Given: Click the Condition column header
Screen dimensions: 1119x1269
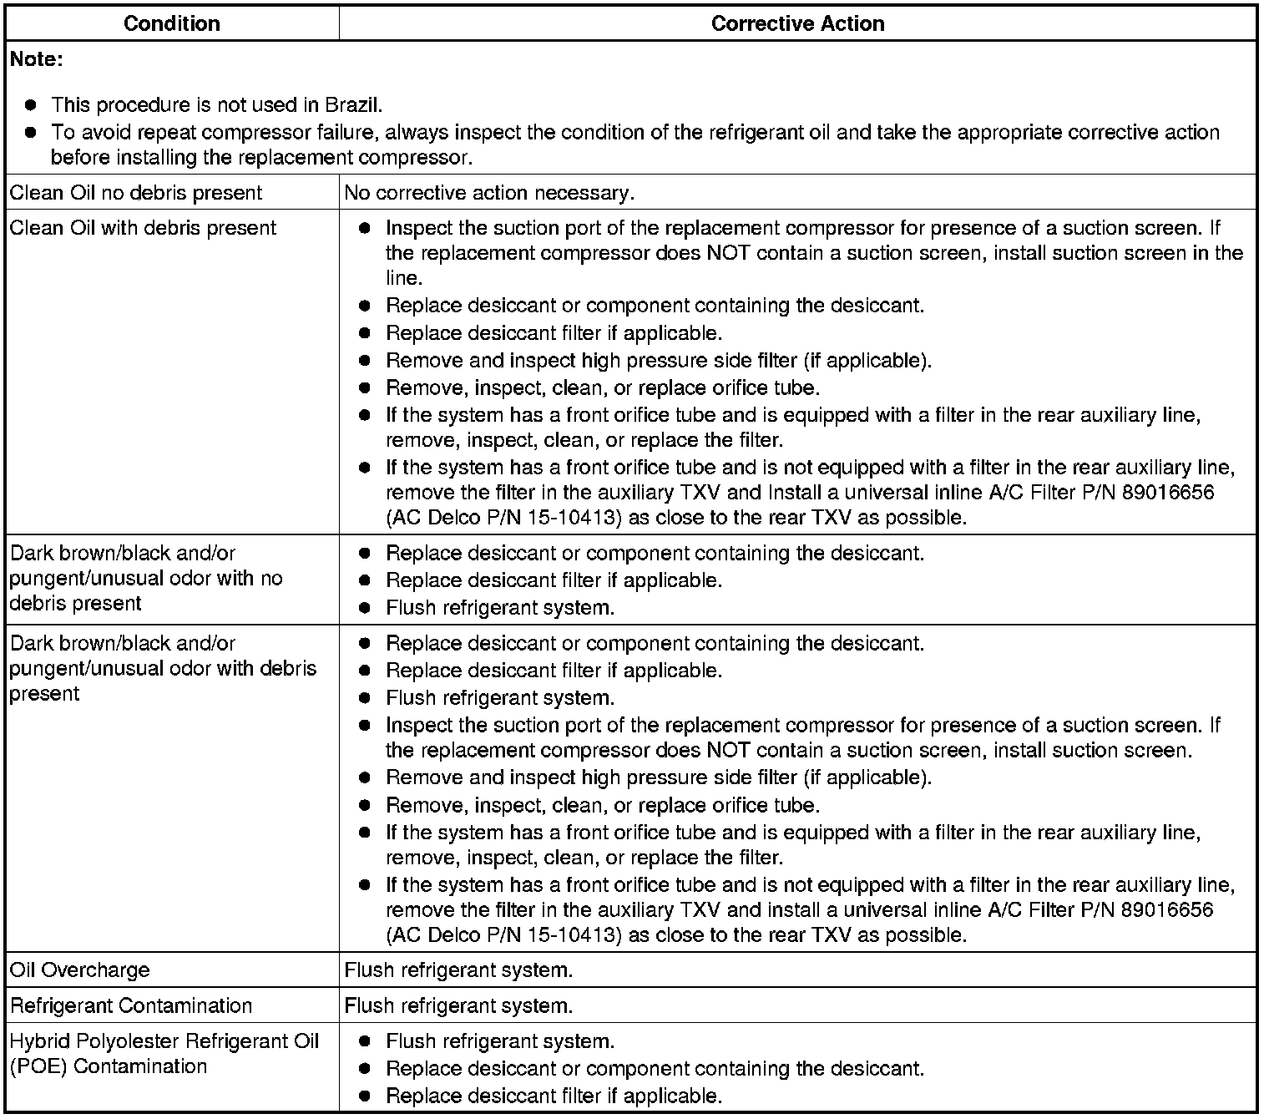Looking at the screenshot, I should point(171,23).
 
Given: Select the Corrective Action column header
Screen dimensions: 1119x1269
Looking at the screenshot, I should point(797,23).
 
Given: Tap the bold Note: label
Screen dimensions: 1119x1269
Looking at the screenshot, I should point(36,60).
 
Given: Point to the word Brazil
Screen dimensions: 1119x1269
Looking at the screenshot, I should point(353,105).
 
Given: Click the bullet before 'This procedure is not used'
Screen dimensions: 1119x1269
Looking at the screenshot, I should point(31,105).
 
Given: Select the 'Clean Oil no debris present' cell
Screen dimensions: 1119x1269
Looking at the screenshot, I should point(135,193).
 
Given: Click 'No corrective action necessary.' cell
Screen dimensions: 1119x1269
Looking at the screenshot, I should point(489,193).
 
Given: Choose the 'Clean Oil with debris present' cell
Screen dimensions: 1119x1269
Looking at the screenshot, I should point(143,228).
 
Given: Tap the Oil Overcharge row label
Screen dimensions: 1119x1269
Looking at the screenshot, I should point(80,970).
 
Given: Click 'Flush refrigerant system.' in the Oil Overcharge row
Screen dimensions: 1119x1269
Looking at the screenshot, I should point(458,970).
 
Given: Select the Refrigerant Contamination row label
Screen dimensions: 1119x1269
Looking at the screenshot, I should point(130,1005).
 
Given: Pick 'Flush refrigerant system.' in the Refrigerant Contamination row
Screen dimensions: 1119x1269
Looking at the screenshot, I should point(458,1005).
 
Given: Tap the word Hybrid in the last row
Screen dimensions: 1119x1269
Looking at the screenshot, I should point(35,1041).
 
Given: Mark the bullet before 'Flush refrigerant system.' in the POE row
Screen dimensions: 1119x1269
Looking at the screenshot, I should point(364,1042).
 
